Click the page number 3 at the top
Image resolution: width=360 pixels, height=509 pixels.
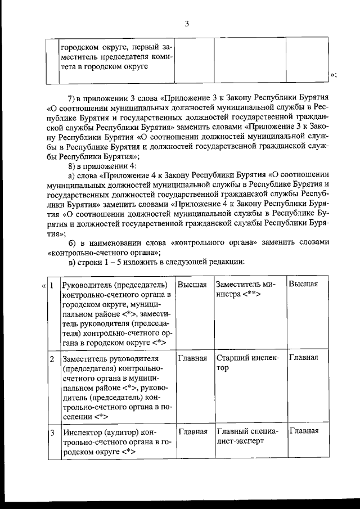[187, 23]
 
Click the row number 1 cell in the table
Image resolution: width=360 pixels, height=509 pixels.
[51, 285]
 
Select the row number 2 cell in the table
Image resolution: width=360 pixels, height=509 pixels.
[51, 358]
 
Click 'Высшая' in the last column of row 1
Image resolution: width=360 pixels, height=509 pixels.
[303, 285]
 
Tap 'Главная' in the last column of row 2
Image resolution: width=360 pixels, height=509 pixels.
[303, 358]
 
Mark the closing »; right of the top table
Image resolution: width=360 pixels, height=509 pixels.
[334, 75]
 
